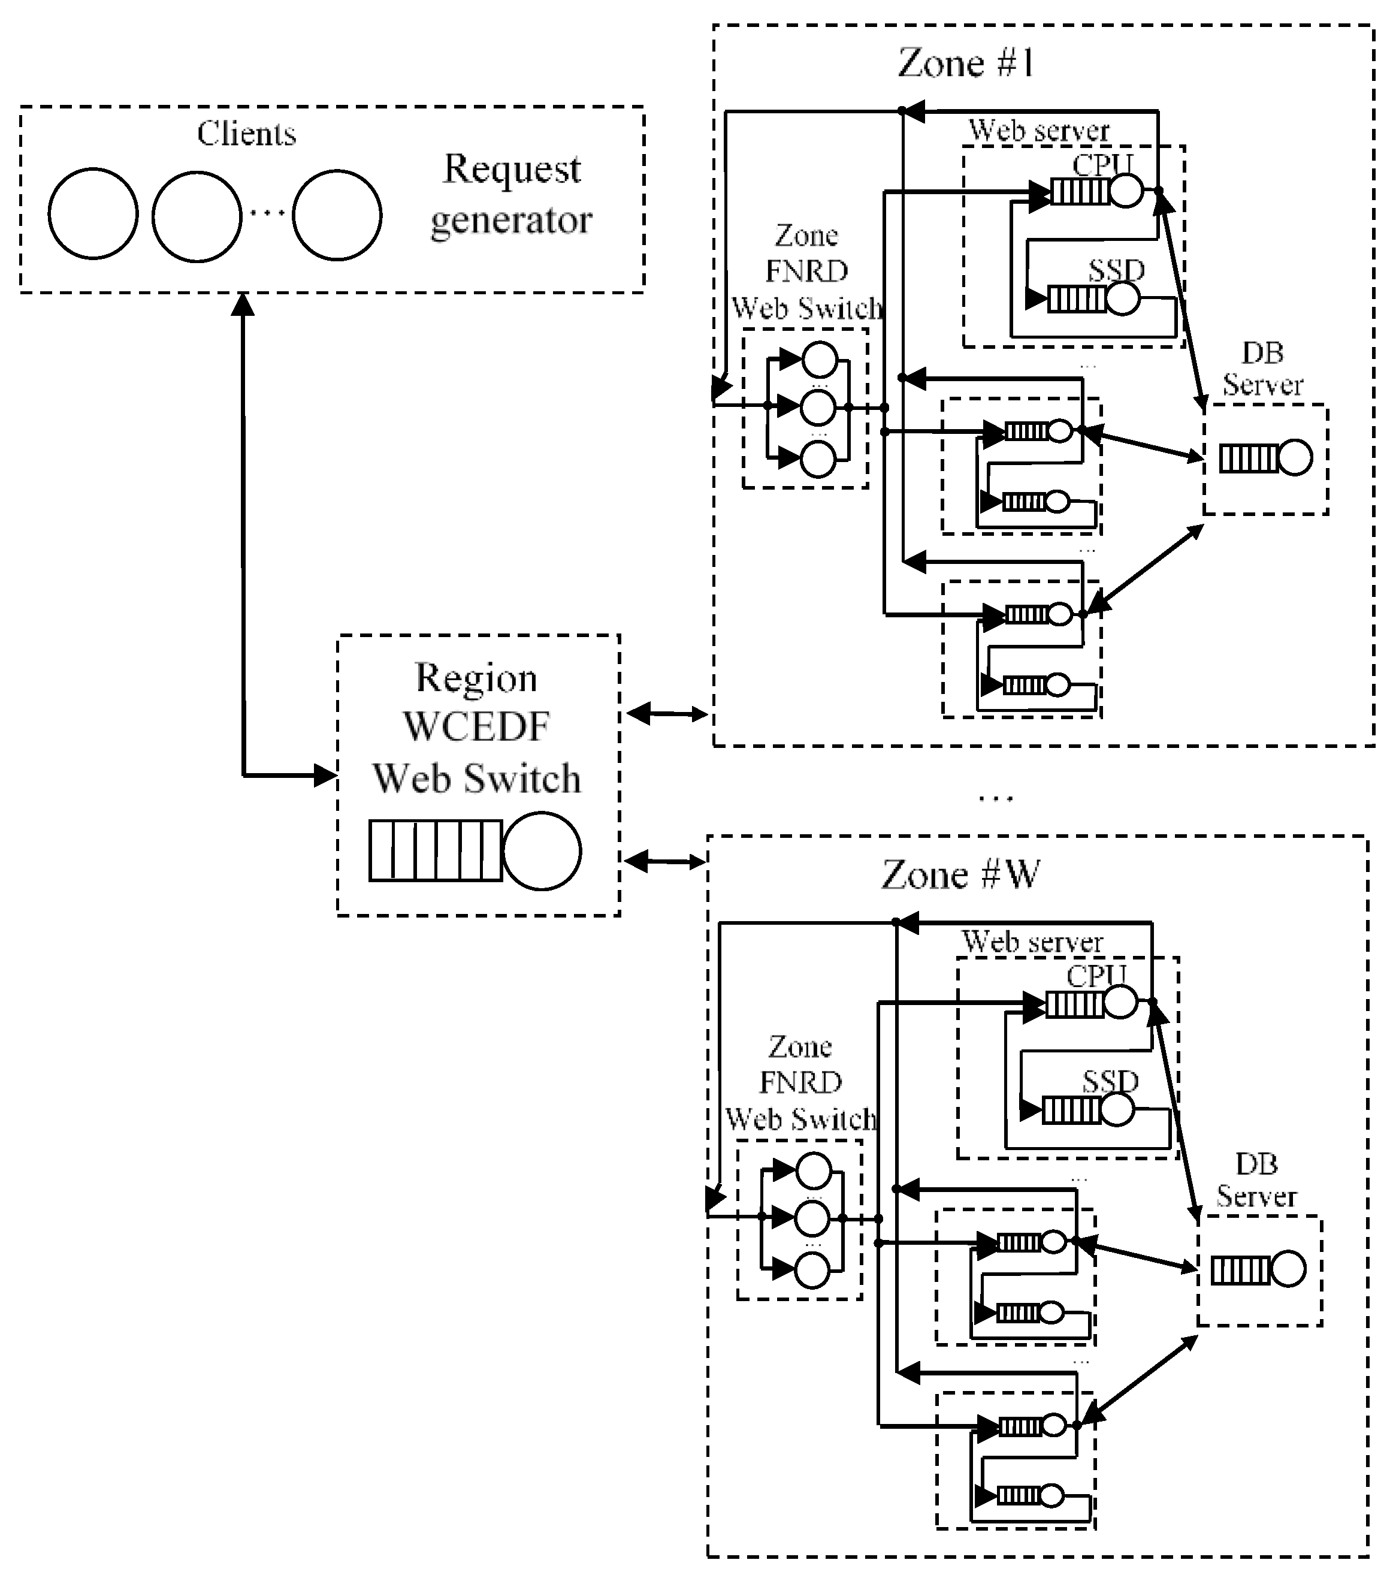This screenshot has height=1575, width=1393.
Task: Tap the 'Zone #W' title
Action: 960,874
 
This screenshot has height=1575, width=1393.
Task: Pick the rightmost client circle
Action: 337,216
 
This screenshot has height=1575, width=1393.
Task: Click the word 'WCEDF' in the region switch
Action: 476,726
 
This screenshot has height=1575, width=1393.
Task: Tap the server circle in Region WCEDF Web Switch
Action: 541,850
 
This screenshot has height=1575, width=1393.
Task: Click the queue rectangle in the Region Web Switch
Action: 436,850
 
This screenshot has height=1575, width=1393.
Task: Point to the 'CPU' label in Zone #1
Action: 1102,164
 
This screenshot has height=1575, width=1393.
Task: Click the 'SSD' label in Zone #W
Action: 1110,1082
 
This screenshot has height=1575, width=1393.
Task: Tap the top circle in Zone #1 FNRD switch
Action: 819,359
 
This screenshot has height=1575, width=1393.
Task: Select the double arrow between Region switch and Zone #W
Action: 663,861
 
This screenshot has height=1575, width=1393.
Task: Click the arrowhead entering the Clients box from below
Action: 243,305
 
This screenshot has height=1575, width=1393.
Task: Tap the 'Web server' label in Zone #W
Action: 1032,942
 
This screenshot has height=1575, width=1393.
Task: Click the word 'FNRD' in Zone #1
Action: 806,271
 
